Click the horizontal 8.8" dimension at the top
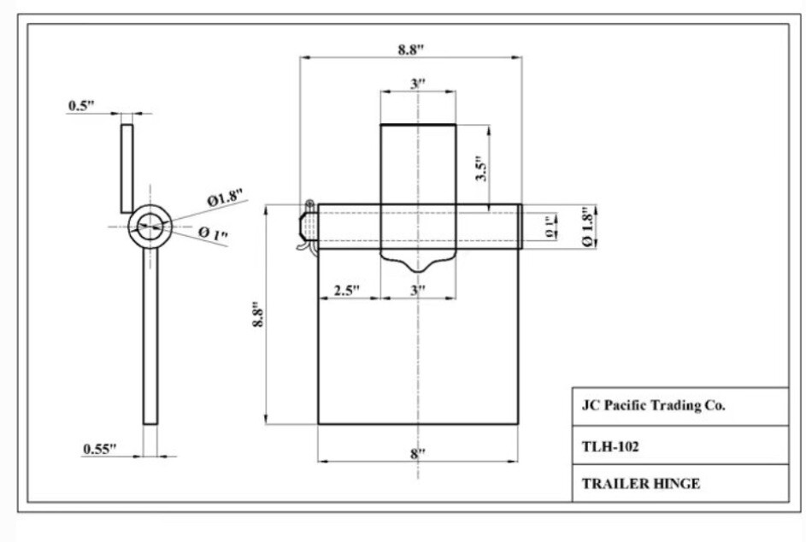pyautogui.click(x=410, y=50)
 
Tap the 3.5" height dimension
pyautogui.click(x=481, y=168)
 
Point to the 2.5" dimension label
pyautogui.click(x=346, y=291)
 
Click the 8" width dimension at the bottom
pyautogui.click(x=417, y=453)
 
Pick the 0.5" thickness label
pyautogui.click(x=82, y=106)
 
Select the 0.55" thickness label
pyautogui.click(x=100, y=448)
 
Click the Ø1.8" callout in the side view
pyautogui.click(x=225, y=199)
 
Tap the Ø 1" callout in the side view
pyautogui.click(x=213, y=233)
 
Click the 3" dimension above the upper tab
pyautogui.click(x=418, y=84)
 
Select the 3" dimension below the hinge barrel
pyautogui.click(x=418, y=291)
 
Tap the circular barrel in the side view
pyautogui.click(x=150, y=226)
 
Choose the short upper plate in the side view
pyautogui.click(x=126, y=167)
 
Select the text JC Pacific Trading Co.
pyautogui.click(x=654, y=406)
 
